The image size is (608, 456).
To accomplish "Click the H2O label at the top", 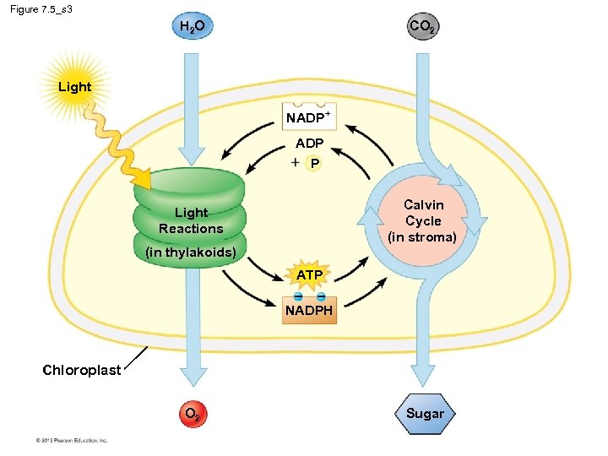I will [193, 27].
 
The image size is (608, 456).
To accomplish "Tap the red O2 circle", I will [193, 415].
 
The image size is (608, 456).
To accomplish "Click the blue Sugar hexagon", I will [424, 414].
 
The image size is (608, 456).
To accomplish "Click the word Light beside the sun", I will [74, 86].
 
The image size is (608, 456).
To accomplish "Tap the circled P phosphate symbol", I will [314, 163].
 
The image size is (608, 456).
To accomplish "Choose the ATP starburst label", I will [309, 275].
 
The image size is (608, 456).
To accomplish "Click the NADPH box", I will [309, 310].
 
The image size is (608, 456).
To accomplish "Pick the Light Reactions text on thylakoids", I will [191, 220].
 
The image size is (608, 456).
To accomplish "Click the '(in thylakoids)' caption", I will [190, 252].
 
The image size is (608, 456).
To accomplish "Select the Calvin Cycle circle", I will [422, 221].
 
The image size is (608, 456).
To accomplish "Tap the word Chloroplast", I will [82, 370].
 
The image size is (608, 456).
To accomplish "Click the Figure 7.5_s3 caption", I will [42, 8].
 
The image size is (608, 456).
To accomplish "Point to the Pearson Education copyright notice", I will [71, 440].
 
